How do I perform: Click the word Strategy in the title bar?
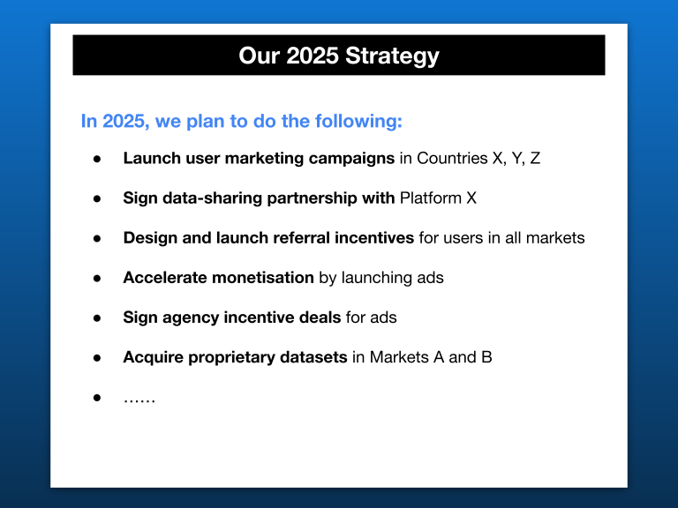392,56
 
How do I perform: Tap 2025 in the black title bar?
313,56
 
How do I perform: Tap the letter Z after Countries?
535,158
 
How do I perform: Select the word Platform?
431,198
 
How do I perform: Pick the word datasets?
313,357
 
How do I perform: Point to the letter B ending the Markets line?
487,357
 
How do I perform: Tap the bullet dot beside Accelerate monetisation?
97,279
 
